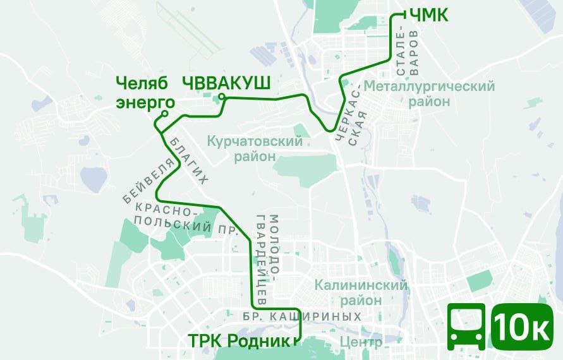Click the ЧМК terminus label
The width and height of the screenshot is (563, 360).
[x=430, y=14]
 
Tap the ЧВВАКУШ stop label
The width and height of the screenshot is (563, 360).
[x=226, y=83]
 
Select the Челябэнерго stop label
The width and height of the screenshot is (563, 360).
[x=145, y=93]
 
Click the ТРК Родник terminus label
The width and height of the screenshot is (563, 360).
[x=239, y=341]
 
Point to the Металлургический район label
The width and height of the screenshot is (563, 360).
[x=429, y=93]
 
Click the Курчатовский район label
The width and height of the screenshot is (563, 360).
[x=255, y=148]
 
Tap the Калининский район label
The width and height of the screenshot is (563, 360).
[x=361, y=292]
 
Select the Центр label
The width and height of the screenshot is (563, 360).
[x=361, y=342]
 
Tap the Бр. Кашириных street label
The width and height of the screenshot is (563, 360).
[x=302, y=316]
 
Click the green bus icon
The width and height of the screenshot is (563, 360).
[x=467, y=327]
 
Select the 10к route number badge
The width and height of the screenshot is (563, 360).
[x=521, y=327]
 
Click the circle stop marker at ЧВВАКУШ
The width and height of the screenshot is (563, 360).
[x=222, y=97]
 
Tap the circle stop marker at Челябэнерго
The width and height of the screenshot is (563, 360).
[x=164, y=114]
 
